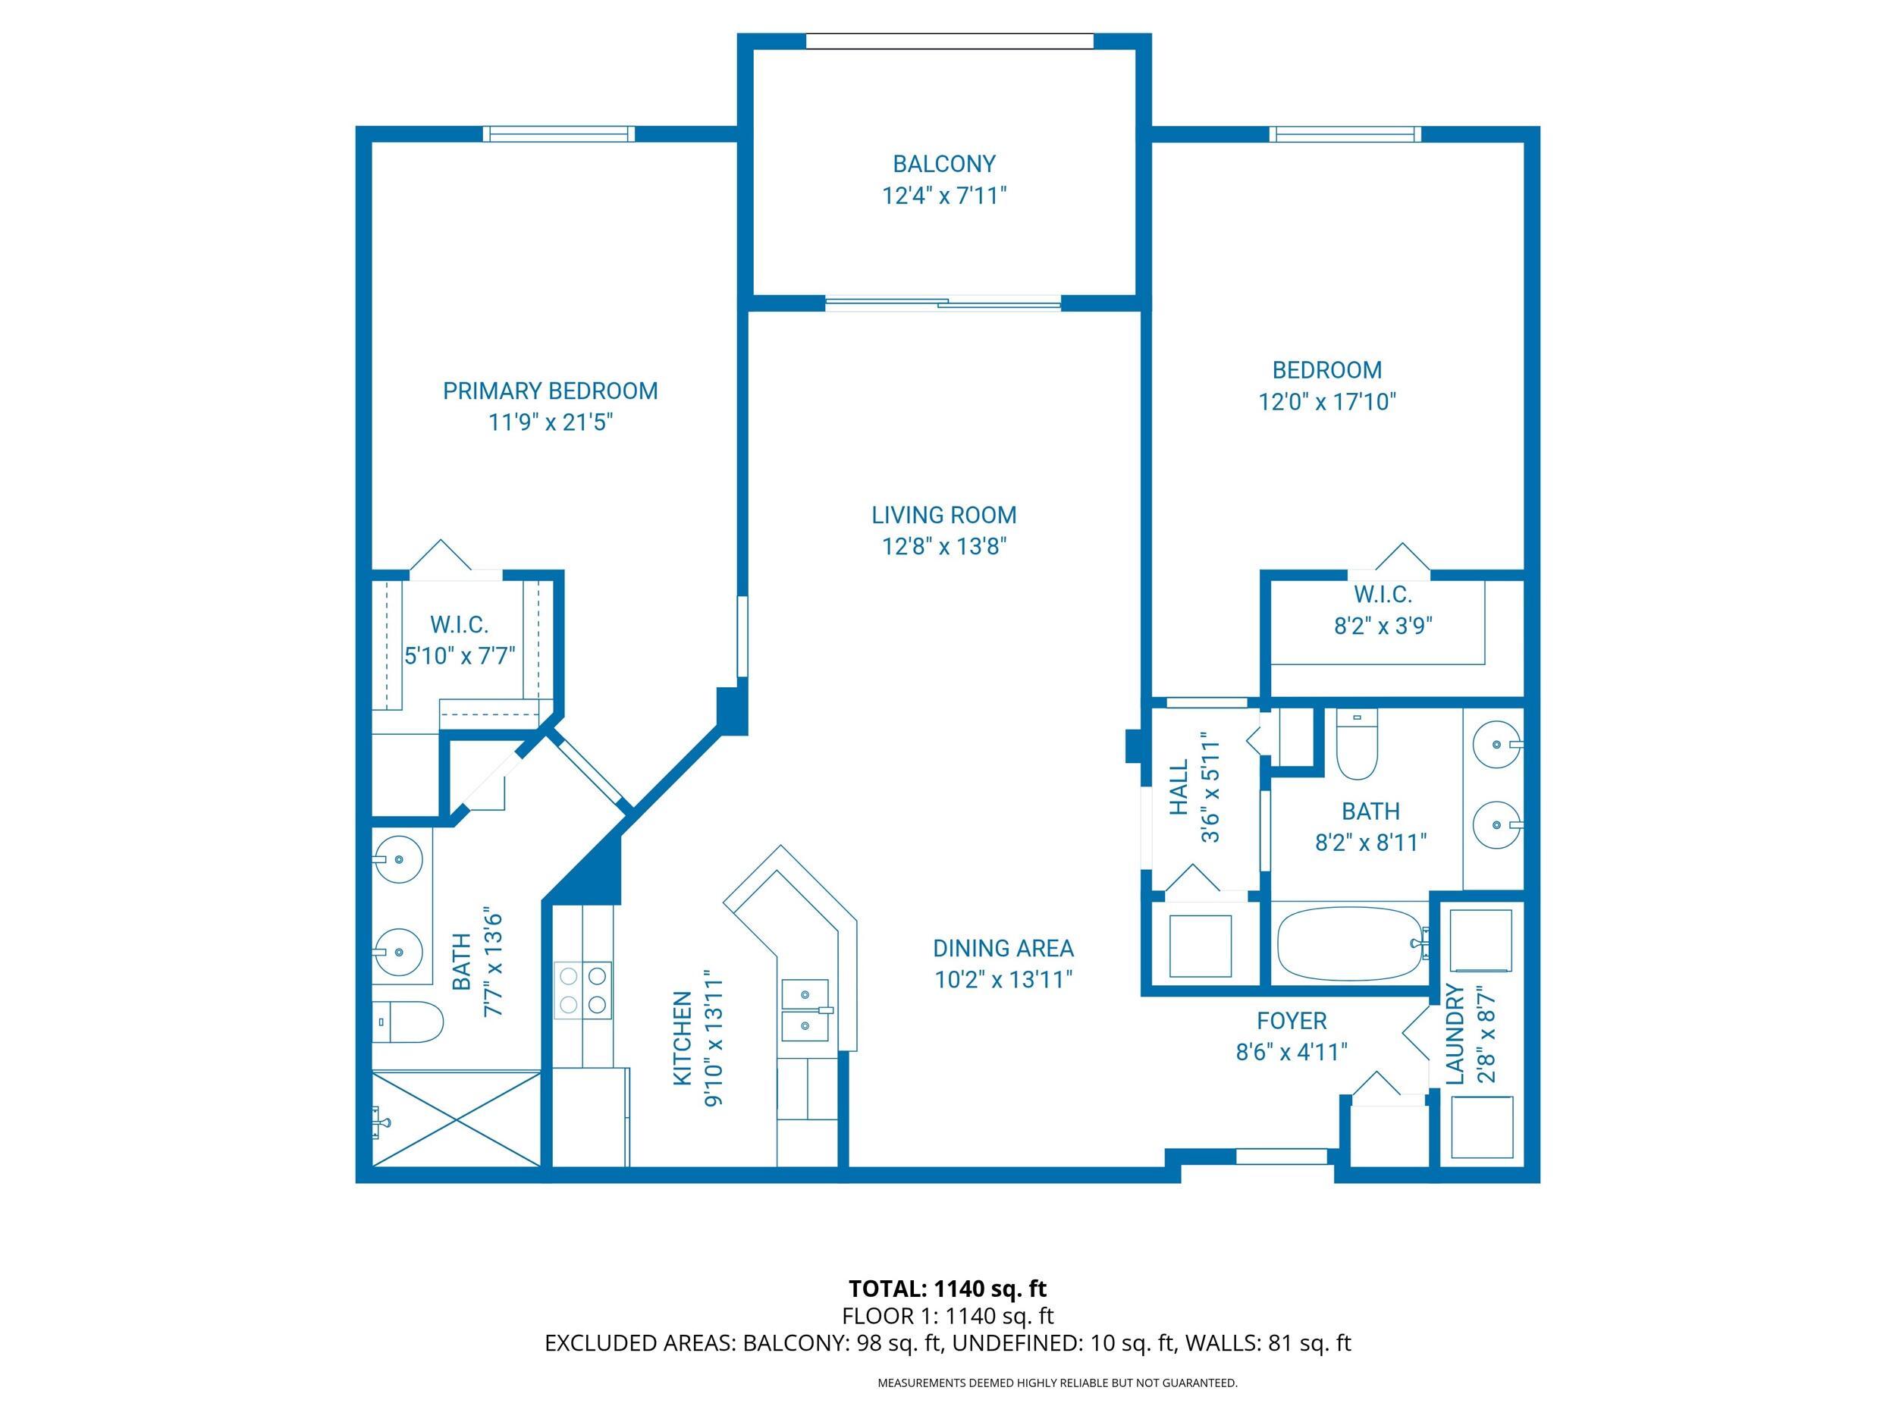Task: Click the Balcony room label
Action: tap(943, 164)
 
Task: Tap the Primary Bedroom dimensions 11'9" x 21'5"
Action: tap(551, 422)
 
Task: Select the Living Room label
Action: tap(943, 515)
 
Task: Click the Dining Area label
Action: tap(1003, 948)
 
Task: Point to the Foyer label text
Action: tap(1291, 1021)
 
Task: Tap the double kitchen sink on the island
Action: tap(805, 1009)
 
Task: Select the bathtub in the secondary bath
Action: tap(1349, 943)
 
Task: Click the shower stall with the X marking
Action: tap(457, 1119)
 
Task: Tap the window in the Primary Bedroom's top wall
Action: tap(559, 133)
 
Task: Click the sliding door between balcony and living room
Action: tap(943, 303)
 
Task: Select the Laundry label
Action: tap(1455, 1034)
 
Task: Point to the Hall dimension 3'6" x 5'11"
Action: tap(1210, 788)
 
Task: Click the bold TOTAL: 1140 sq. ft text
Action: tap(947, 1289)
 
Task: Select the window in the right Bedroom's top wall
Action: tap(1345, 133)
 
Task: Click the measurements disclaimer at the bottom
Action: tap(1057, 1383)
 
